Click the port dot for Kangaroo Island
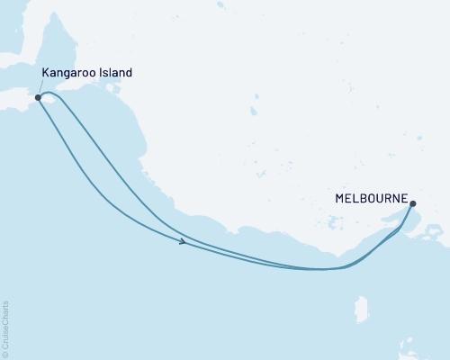pos(38,97)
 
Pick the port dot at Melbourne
pos(412,204)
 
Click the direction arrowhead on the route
pos(183,241)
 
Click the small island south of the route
pos(362,309)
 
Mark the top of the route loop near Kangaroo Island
pos(49,92)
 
